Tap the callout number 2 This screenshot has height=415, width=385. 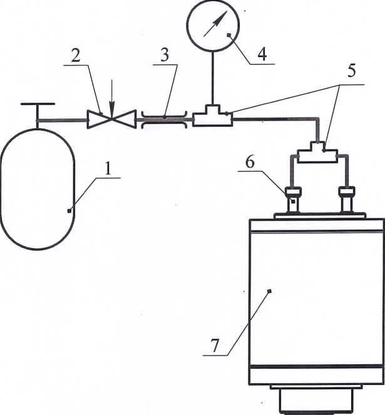pyautogui.click(x=76, y=56)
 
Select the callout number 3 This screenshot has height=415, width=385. pyautogui.click(x=165, y=55)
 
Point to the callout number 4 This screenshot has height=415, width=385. pyautogui.click(x=262, y=54)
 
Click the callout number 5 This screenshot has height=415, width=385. pyautogui.click(x=351, y=71)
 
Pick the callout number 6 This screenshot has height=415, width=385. pyautogui.click(x=250, y=162)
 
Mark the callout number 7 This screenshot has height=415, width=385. pyautogui.click(x=215, y=346)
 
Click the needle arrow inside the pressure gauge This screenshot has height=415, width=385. pyautogui.click(x=215, y=24)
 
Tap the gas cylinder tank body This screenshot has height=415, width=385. pyautogui.click(x=38, y=189)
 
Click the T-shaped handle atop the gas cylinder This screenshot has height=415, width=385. pyautogui.click(x=38, y=111)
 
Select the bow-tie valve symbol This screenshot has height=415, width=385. pyautogui.click(x=111, y=120)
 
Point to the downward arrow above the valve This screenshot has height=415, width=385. pyautogui.click(x=111, y=99)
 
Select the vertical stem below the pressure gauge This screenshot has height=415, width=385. pyautogui.click(x=212, y=78)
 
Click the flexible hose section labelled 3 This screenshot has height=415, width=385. pyautogui.click(x=165, y=120)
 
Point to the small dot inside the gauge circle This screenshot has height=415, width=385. pyautogui.click(x=229, y=34)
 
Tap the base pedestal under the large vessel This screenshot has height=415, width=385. pyautogui.click(x=316, y=399)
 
